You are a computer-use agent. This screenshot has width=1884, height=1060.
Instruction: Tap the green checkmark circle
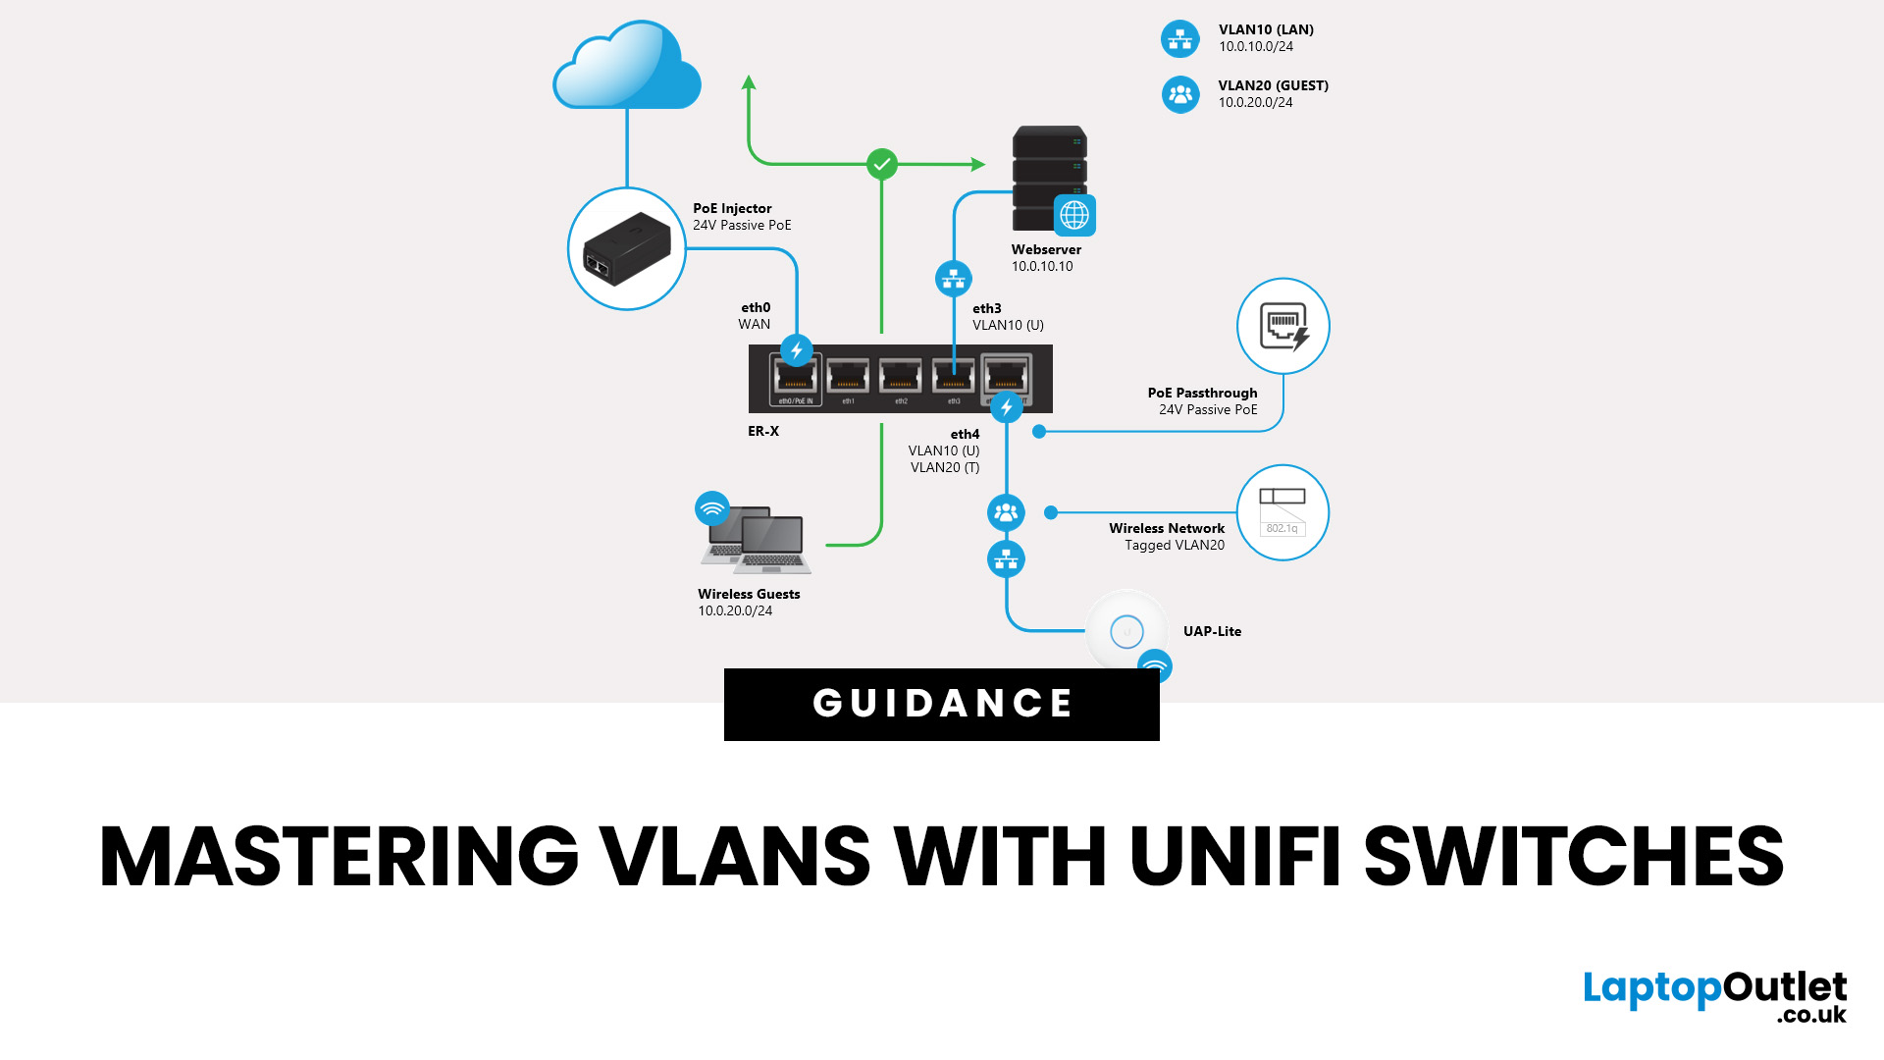click(882, 164)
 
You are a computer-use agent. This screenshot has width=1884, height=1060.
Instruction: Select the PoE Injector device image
click(627, 249)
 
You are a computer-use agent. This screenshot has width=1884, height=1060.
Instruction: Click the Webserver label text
click(1046, 249)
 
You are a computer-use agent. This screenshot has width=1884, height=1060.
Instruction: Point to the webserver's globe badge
click(1074, 215)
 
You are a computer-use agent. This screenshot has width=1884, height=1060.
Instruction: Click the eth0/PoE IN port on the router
click(795, 379)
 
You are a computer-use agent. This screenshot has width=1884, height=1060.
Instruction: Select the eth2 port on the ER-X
click(901, 379)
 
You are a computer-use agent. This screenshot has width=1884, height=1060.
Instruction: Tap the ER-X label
click(763, 431)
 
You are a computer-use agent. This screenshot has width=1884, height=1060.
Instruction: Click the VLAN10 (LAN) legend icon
click(1180, 39)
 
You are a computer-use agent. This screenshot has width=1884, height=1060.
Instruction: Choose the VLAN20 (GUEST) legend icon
click(1180, 95)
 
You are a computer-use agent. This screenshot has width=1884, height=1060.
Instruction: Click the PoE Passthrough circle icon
click(1283, 327)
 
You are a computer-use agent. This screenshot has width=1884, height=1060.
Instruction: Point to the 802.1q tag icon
click(1282, 512)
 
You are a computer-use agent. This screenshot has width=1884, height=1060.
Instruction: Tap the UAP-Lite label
click(1212, 631)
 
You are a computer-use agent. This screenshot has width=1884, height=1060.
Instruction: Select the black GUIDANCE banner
click(942, 704)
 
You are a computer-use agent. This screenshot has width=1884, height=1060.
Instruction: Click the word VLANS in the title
click(735, 856)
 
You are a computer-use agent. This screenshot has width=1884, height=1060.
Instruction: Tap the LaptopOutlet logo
click(1714, 994)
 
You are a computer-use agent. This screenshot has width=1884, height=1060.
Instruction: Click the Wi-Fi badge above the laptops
click(712, 508)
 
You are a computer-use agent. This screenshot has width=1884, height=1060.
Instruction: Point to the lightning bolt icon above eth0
click(797, 350)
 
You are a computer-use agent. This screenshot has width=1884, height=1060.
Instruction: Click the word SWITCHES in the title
click(1574, 856)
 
